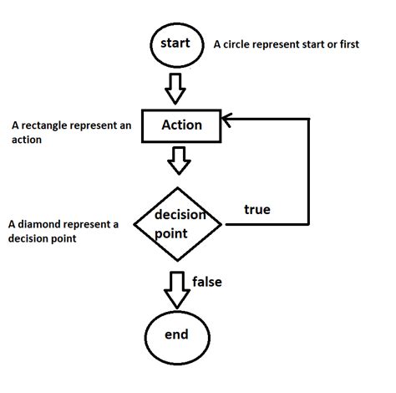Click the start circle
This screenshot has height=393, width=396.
click(x=175, y=44)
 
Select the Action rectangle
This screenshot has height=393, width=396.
click(x=181, y=125)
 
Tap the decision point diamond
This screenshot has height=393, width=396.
click(x=180, y=224)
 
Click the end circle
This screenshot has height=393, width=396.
click(x=175, y=336)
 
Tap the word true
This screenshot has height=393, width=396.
click(x=256, y=208)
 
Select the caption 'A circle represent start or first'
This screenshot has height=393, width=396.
click(x=287, y=44)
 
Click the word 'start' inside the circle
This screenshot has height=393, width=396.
click(x=175, y=43)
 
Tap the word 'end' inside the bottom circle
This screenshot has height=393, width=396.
click(x=175, y=335)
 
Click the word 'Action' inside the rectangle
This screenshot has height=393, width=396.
click(x=182, y=125)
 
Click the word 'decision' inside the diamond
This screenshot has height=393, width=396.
click(x=180, y=215)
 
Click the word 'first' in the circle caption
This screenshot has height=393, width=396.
click(x=346, y=44)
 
